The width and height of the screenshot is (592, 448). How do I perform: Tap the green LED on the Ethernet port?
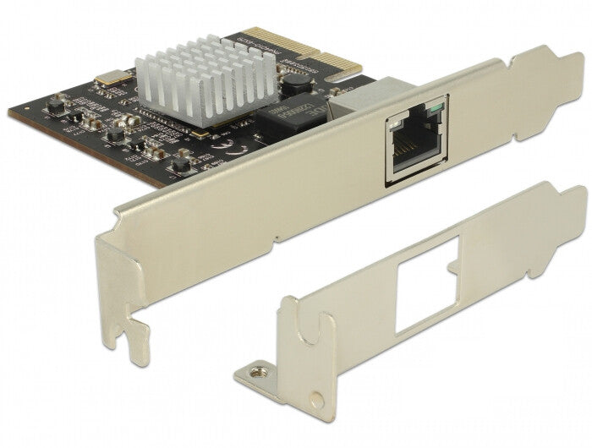point(435,109)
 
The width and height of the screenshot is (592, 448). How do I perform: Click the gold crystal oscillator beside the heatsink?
point(108,78)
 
